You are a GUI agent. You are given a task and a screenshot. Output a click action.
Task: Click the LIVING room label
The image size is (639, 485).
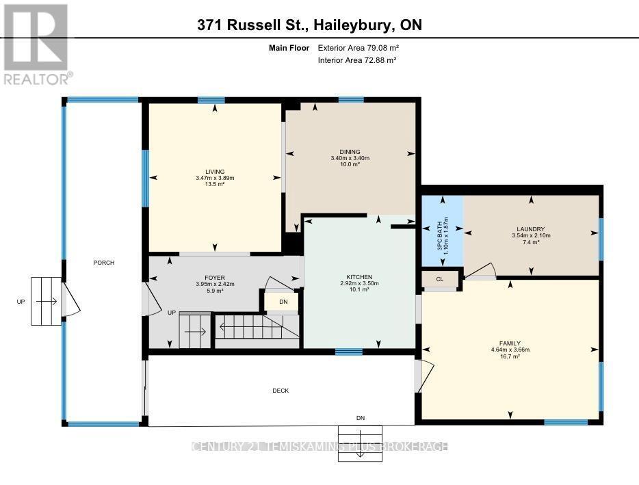coord(215,172)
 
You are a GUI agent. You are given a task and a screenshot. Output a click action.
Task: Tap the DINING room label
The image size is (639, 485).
coord(350,152)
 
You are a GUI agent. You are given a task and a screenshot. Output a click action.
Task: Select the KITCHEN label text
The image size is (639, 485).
coord(359,277)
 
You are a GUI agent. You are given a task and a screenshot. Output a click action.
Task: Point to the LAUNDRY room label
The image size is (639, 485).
coord(531,229)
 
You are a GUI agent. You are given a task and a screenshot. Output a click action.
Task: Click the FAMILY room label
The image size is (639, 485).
coord(510,343)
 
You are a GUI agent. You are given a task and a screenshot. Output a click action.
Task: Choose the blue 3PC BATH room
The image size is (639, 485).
coord(442,232)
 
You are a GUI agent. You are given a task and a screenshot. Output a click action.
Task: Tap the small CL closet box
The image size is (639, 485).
coord(439,279)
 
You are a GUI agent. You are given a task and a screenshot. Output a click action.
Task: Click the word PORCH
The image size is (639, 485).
coord(104,263)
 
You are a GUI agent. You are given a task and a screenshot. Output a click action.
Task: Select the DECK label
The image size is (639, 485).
coord(281,391)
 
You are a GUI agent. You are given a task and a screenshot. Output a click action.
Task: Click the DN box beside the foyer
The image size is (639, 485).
coord(283,302)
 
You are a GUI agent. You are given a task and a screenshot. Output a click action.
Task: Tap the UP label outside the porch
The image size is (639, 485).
coord(21,301)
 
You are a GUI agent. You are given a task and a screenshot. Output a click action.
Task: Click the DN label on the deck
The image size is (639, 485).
coord(361,417)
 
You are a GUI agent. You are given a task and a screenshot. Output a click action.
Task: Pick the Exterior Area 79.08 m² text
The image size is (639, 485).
coord(358,48)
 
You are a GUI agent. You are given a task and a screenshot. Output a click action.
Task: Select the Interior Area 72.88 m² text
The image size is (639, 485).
coord(358,60)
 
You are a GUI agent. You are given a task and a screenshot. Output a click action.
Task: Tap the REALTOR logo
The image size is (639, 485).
coord(36,42)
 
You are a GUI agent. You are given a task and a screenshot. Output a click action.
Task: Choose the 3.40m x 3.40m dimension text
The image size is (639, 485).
coord(350,158)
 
